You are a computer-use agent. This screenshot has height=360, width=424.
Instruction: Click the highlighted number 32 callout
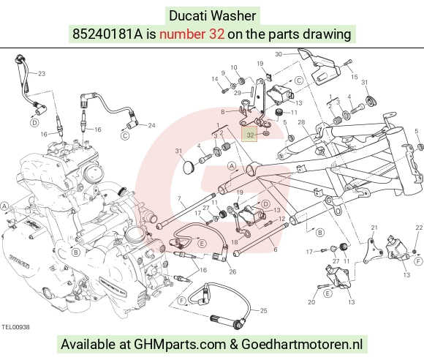point(251,135)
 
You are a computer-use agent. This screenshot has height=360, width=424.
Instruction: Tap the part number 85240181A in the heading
point(107,34)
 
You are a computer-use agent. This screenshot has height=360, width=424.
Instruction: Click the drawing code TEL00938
point(15,327)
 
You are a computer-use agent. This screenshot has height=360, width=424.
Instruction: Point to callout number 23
point(42,74)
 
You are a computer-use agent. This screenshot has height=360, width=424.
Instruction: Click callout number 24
point(152,125)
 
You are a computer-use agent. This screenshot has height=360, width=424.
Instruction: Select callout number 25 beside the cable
point(264,310)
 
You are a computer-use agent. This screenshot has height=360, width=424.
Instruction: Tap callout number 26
point(232,271)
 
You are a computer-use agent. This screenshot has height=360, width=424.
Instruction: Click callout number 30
point(279,54)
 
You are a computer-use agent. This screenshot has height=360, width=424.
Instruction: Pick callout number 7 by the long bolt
point(179,199)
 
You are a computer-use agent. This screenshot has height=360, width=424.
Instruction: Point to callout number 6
point(276,249)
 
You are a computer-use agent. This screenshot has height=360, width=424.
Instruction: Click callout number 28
point(301,122)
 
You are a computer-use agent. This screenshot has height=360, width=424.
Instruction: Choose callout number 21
point(374,228)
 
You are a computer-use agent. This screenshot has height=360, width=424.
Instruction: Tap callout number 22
point(419,228)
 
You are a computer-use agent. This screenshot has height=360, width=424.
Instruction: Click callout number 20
point(311,301)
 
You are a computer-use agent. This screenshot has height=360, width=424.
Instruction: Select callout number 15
point(355,77)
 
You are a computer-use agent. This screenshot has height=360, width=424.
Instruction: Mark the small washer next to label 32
point(266,133)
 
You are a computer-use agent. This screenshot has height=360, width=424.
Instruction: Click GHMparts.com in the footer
point(180,345)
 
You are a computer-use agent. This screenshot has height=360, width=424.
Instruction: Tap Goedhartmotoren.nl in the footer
point(302,345)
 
